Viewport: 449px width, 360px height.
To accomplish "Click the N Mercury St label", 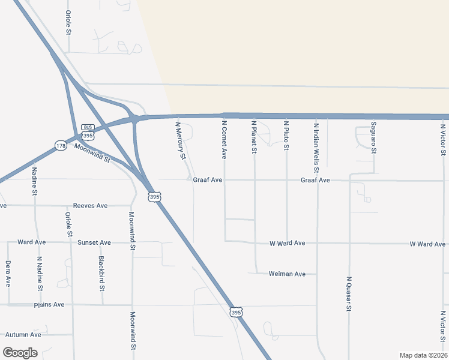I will click(x=180, y=142).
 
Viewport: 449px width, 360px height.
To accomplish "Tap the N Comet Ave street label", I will click(x=224, y=140).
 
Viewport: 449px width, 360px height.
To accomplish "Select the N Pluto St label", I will click(x=286, y=136).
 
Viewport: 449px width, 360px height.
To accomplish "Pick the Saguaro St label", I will click(x=373, y=138).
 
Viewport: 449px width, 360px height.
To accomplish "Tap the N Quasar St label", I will click(x=348, y=293).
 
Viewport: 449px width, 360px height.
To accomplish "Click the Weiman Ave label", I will click(x=288, y=274).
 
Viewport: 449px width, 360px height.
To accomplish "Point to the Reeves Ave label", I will click(x=90, y=206).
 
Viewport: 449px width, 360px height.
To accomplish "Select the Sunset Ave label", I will click(x=94, y=242).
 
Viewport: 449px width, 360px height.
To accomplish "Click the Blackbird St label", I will click(x=102, y=274).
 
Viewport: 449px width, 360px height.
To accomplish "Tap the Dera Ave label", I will click(x=8, y=272).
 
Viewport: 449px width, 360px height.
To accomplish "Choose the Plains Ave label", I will click(x=49, y=305).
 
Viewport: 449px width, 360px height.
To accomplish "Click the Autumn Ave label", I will click(x=23, y=334).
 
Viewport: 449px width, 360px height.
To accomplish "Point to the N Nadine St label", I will click(x=40, y=274).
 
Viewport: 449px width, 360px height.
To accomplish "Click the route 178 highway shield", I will click(x=60, y=146).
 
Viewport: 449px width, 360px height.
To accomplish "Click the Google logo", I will click(x=20, y=353).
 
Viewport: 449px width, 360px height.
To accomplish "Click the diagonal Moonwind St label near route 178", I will click(x=92, y=154).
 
